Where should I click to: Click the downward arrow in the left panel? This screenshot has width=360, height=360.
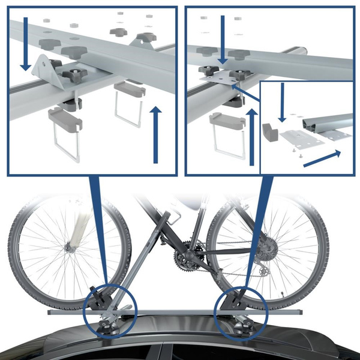click(25, 46)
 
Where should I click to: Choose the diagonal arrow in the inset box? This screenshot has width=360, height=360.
click(322, 159)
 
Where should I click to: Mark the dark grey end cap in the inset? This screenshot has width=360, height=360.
click(269, 131)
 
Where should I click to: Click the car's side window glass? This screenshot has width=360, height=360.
click(198, 353)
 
